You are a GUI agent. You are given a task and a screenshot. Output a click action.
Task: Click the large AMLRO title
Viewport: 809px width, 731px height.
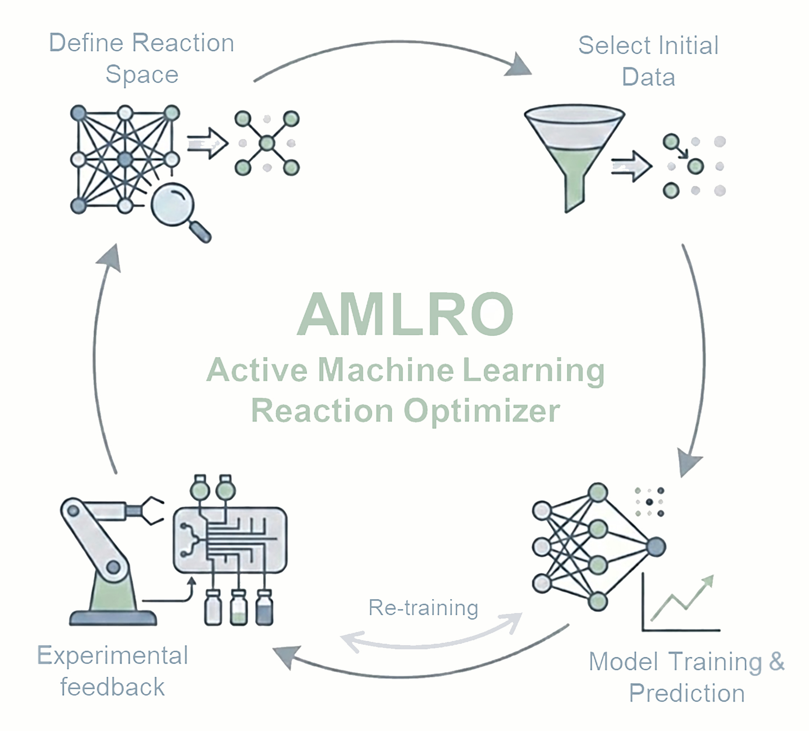[x=405, y=314]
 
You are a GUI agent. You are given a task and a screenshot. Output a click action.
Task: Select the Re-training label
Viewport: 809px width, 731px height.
[x=423, y=608]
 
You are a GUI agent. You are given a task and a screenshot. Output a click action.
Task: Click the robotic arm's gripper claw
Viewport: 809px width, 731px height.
[x=152, y=511]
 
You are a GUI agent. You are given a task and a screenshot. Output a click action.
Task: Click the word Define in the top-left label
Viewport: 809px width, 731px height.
[x=86, y=43]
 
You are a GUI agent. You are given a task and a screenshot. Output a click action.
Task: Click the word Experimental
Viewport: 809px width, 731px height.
[x=113, y=656]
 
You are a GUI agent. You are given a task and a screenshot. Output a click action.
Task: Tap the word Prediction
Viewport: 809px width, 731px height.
[x=687, y=693]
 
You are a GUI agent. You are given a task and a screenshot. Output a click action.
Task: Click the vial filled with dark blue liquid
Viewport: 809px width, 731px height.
[x=264, y=608]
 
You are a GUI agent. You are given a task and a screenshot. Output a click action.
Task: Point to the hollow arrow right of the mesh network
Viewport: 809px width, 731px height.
[x=207, y=144]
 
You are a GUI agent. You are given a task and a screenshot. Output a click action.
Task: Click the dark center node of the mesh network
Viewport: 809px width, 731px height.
[x=125, y=159]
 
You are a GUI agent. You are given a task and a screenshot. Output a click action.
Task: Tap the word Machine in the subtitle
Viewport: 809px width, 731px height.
[x=386, y=370]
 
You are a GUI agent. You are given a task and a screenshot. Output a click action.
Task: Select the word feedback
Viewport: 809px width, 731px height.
[x=113, y=687]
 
